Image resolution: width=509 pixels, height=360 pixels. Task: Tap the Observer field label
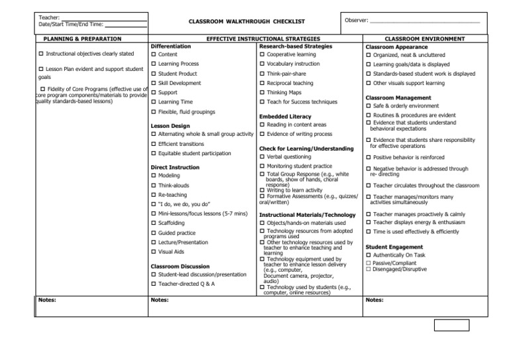(357, 21)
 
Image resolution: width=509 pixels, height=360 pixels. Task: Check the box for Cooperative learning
(262, 54)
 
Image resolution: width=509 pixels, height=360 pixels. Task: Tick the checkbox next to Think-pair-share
(262, 74)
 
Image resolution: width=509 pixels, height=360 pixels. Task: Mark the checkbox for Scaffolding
(154, 223)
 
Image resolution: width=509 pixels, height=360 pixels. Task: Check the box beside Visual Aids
(154, 252)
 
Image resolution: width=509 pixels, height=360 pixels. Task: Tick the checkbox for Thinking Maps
(262, 93)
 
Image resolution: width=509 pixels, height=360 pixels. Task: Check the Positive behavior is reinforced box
(368, 157)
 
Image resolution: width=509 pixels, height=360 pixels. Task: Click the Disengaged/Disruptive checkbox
(368, 269)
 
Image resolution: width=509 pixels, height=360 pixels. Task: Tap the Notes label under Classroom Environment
(374, 300)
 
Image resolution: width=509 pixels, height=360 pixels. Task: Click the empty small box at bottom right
(451, 325)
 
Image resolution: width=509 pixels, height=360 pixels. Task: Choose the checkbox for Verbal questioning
(262, 156)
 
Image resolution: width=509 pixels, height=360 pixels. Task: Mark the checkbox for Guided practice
(154, 233)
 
